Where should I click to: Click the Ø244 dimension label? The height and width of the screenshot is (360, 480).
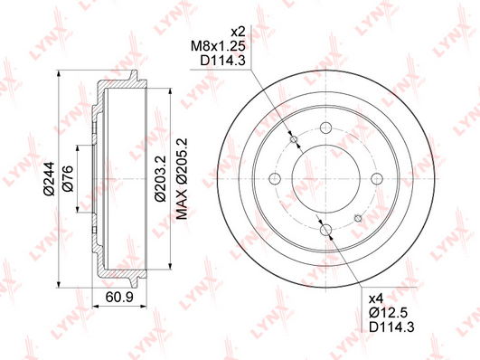[50, 178]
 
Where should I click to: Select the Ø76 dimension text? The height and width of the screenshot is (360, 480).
[68, 178]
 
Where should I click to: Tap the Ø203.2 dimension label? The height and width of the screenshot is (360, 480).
[160, 178]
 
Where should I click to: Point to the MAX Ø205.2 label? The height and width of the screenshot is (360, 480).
[182, 178]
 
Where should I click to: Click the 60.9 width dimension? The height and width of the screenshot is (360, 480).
[119, 297]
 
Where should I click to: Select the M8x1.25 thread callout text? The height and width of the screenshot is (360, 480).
[218, 46]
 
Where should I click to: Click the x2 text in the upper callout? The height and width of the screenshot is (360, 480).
[238, 32]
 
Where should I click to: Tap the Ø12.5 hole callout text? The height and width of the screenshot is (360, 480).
[389, 312]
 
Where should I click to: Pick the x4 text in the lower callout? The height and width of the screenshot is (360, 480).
[376, 298]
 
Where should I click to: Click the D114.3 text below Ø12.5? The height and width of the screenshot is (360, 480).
[391, 327]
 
